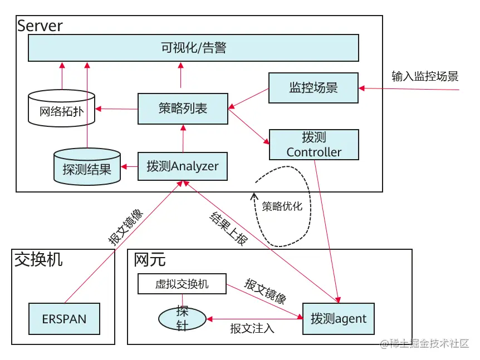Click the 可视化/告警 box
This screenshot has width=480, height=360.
(193, 48)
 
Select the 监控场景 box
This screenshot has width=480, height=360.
(313, 88)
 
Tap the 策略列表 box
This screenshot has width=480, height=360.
(183, 109)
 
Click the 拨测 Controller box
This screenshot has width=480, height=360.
(314, 145)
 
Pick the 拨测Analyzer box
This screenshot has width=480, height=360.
(183, 166)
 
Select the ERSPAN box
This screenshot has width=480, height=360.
(64, 319)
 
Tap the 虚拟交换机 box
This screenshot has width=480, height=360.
(182, 284)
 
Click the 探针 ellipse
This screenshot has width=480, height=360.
(183, 318)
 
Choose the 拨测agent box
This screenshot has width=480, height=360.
(339, 319)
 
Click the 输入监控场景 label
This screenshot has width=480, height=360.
(425, 77)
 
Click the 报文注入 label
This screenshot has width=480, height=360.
(252, 328)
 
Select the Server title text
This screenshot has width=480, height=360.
(40, 26)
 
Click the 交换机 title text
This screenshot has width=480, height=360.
(38, 259)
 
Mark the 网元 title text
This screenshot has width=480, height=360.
(150, 259)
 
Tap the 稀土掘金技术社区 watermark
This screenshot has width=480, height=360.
(429, 344)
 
